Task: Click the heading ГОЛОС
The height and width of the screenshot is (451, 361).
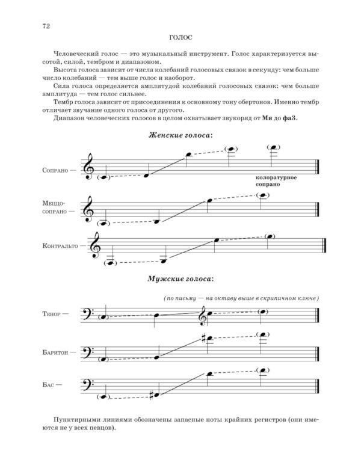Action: click(x=180, y=37)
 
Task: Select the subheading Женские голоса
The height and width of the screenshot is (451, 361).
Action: click(x=180, y=136)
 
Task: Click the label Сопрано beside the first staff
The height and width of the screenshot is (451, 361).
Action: click(x=58, y=170)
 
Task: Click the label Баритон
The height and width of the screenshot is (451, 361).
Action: click(x=55, y=353)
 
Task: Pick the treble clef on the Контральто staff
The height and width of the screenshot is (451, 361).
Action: click(x=95, y=245)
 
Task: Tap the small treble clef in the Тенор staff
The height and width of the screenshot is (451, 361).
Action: click(x=205, y=313)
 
